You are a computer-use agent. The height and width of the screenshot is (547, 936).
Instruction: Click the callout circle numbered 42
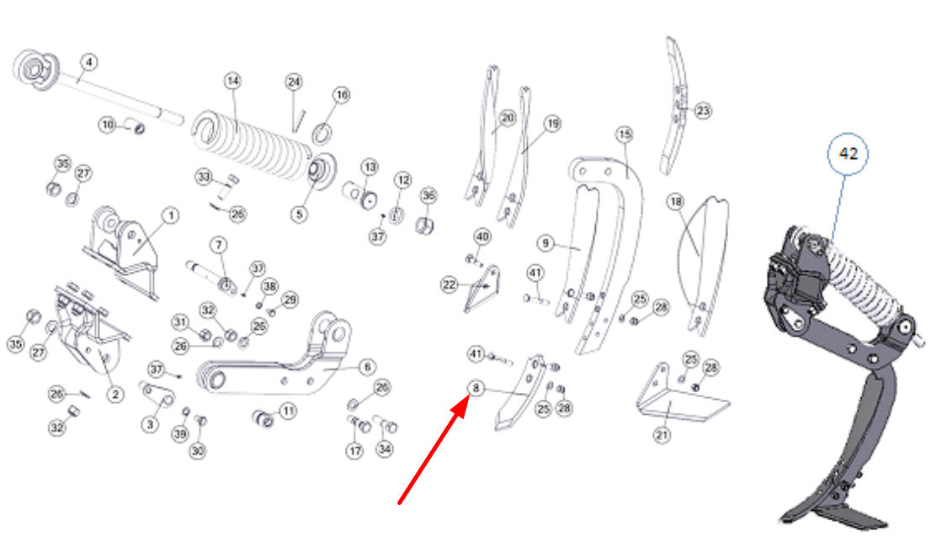[848, 154]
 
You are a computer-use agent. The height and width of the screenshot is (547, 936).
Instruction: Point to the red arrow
[433, 451]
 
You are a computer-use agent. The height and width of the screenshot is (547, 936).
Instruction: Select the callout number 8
[476, 388]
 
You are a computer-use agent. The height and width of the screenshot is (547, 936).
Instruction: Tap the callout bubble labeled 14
[233, 81]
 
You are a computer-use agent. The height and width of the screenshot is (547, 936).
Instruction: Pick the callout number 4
[89, 62]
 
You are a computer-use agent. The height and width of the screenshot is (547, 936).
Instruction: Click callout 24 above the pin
[294, 82]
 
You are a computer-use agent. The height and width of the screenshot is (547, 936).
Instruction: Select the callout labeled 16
[342, 95]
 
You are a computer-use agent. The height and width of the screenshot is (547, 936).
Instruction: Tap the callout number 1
[171, 215]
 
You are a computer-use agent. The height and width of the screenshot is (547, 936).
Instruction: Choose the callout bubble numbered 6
[367, 367]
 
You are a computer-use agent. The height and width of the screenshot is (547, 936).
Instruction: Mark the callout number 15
[625, 134]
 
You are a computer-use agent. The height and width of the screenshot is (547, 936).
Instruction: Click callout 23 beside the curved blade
[703, 110]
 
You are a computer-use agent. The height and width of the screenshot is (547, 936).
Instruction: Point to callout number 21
[662, 435]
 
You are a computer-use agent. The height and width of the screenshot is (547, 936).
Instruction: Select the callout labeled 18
[676, 202]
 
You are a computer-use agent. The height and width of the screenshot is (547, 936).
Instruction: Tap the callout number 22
[449, 284]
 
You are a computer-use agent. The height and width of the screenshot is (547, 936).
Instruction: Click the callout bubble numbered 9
[545, 242]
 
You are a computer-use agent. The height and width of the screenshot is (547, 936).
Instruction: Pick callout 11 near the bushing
[289, 411]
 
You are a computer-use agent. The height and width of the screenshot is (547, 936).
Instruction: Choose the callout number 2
[115, 395]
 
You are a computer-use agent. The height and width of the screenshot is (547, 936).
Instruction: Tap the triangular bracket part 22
[483, 290]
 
